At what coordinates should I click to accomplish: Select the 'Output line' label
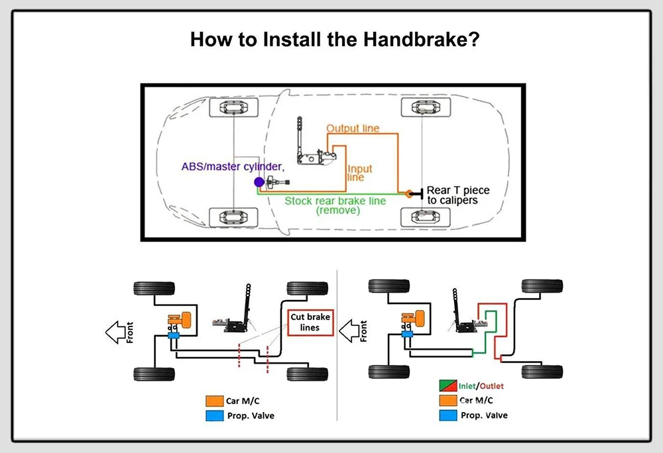[x=352, y=128]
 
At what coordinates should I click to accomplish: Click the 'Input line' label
[x=360, y=173]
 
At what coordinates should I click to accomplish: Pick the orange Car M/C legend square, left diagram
[x=214, y=401]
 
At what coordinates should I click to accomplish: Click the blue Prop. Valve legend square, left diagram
[x=214, y=415]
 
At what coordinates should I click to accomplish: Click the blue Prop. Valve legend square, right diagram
[x=448, y=415]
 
